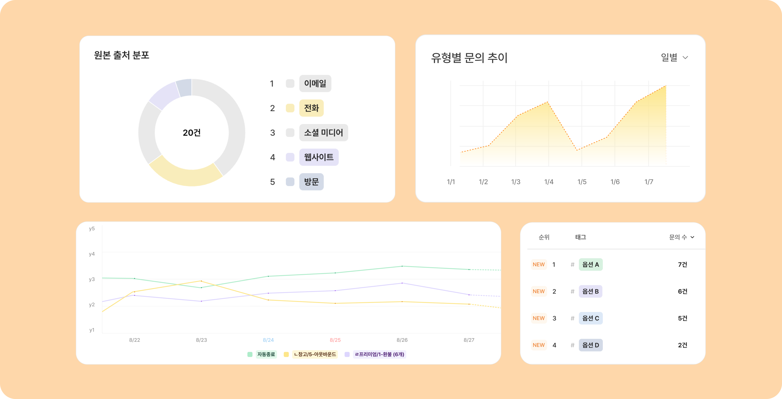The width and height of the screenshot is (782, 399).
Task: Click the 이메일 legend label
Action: coord(315,84)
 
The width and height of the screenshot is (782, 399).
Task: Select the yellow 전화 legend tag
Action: coord(311,108)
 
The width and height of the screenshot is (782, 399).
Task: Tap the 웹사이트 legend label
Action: coord(319,157)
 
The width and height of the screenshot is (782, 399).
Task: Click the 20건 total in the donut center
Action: coord(192,133)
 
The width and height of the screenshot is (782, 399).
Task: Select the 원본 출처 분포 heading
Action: coord(121,55)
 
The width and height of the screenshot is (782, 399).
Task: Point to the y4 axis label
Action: coord(92,254)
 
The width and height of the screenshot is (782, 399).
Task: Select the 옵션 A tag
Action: coord(590,264)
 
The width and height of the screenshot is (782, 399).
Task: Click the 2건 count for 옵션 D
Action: coord(682,345)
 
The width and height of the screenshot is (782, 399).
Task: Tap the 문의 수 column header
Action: coord(681,237)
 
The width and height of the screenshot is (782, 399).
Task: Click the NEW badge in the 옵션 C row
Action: coord(539,318)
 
